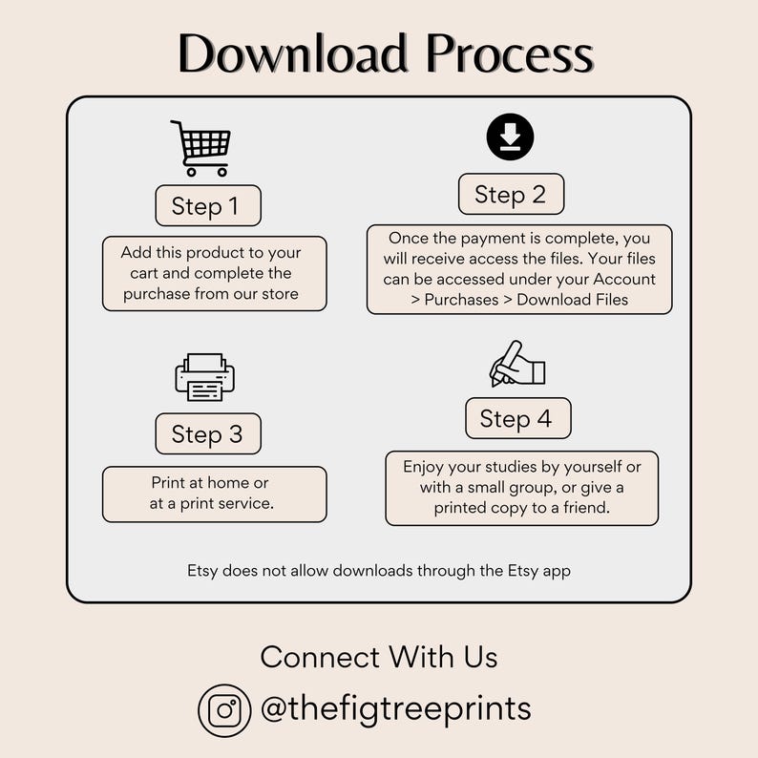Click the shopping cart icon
202,148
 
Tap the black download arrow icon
510,137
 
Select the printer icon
204,377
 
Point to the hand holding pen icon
516,364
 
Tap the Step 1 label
208,206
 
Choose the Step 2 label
511,195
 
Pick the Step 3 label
208,434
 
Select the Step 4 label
516,418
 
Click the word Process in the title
510,53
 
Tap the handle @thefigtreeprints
395,709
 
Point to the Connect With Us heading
379,657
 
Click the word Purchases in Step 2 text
462,300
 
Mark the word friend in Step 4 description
583,508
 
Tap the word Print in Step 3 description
168,483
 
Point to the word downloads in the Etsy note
368,571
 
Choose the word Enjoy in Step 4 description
426,467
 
